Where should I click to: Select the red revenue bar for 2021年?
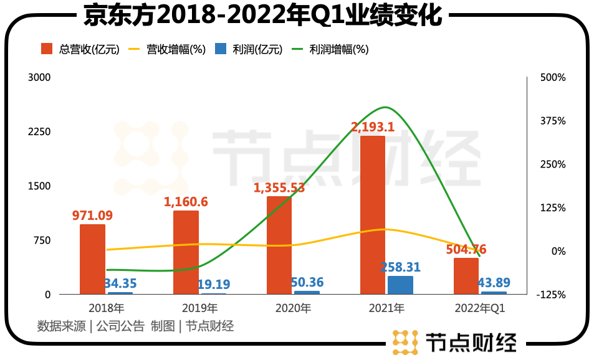tap(373, 215)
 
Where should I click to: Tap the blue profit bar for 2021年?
tap(400, 285)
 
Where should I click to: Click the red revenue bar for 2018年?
tap(92, 259)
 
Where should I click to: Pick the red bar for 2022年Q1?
tap(466, 276)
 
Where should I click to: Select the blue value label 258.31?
tap(400, 267)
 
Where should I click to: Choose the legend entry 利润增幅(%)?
tap(330, 49)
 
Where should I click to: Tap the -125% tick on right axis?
tap(552, 295)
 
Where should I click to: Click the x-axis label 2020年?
tap(293, 308)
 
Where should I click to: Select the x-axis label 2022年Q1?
tap(480, 308)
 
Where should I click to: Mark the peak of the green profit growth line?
tap(386, 108)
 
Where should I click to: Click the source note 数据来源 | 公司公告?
tap(91, 326)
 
